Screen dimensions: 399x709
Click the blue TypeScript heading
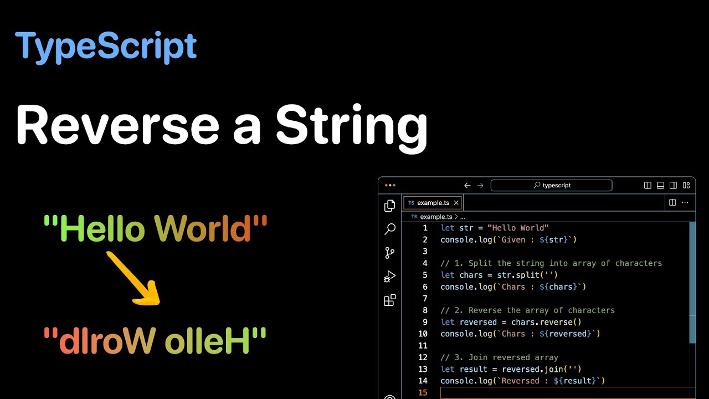pyautogui.click(x=106, y=47)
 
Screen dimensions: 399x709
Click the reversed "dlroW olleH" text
pyautogui.click(x=156, y=341)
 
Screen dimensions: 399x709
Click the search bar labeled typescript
pyautogui.click(x=551, y=186)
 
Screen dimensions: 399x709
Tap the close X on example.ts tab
pyautogui.click(x=456, y=203)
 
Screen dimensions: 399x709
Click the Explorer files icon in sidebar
pyautogui.click(x=390, y=206)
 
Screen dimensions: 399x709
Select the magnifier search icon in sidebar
pyautogui.click(x=390, y=229)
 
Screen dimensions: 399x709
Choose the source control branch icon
pyautogui.click(x=390, y=253)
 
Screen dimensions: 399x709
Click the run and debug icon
pyautogui.click(x=390, y=277)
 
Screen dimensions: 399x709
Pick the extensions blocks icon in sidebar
pyautogui.click(x=390, y=300)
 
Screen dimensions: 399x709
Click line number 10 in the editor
pyautogui.click(x=423, y=334)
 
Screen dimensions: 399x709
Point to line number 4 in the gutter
pyautogui.click(x=425, y=263)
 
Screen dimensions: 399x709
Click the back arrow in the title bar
pyautogui.click(x=467, y=186)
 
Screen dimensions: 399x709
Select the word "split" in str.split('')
pyautogui.click(x=527, y=275)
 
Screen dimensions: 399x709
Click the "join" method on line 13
pyautogui.click(x=561, y=369)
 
